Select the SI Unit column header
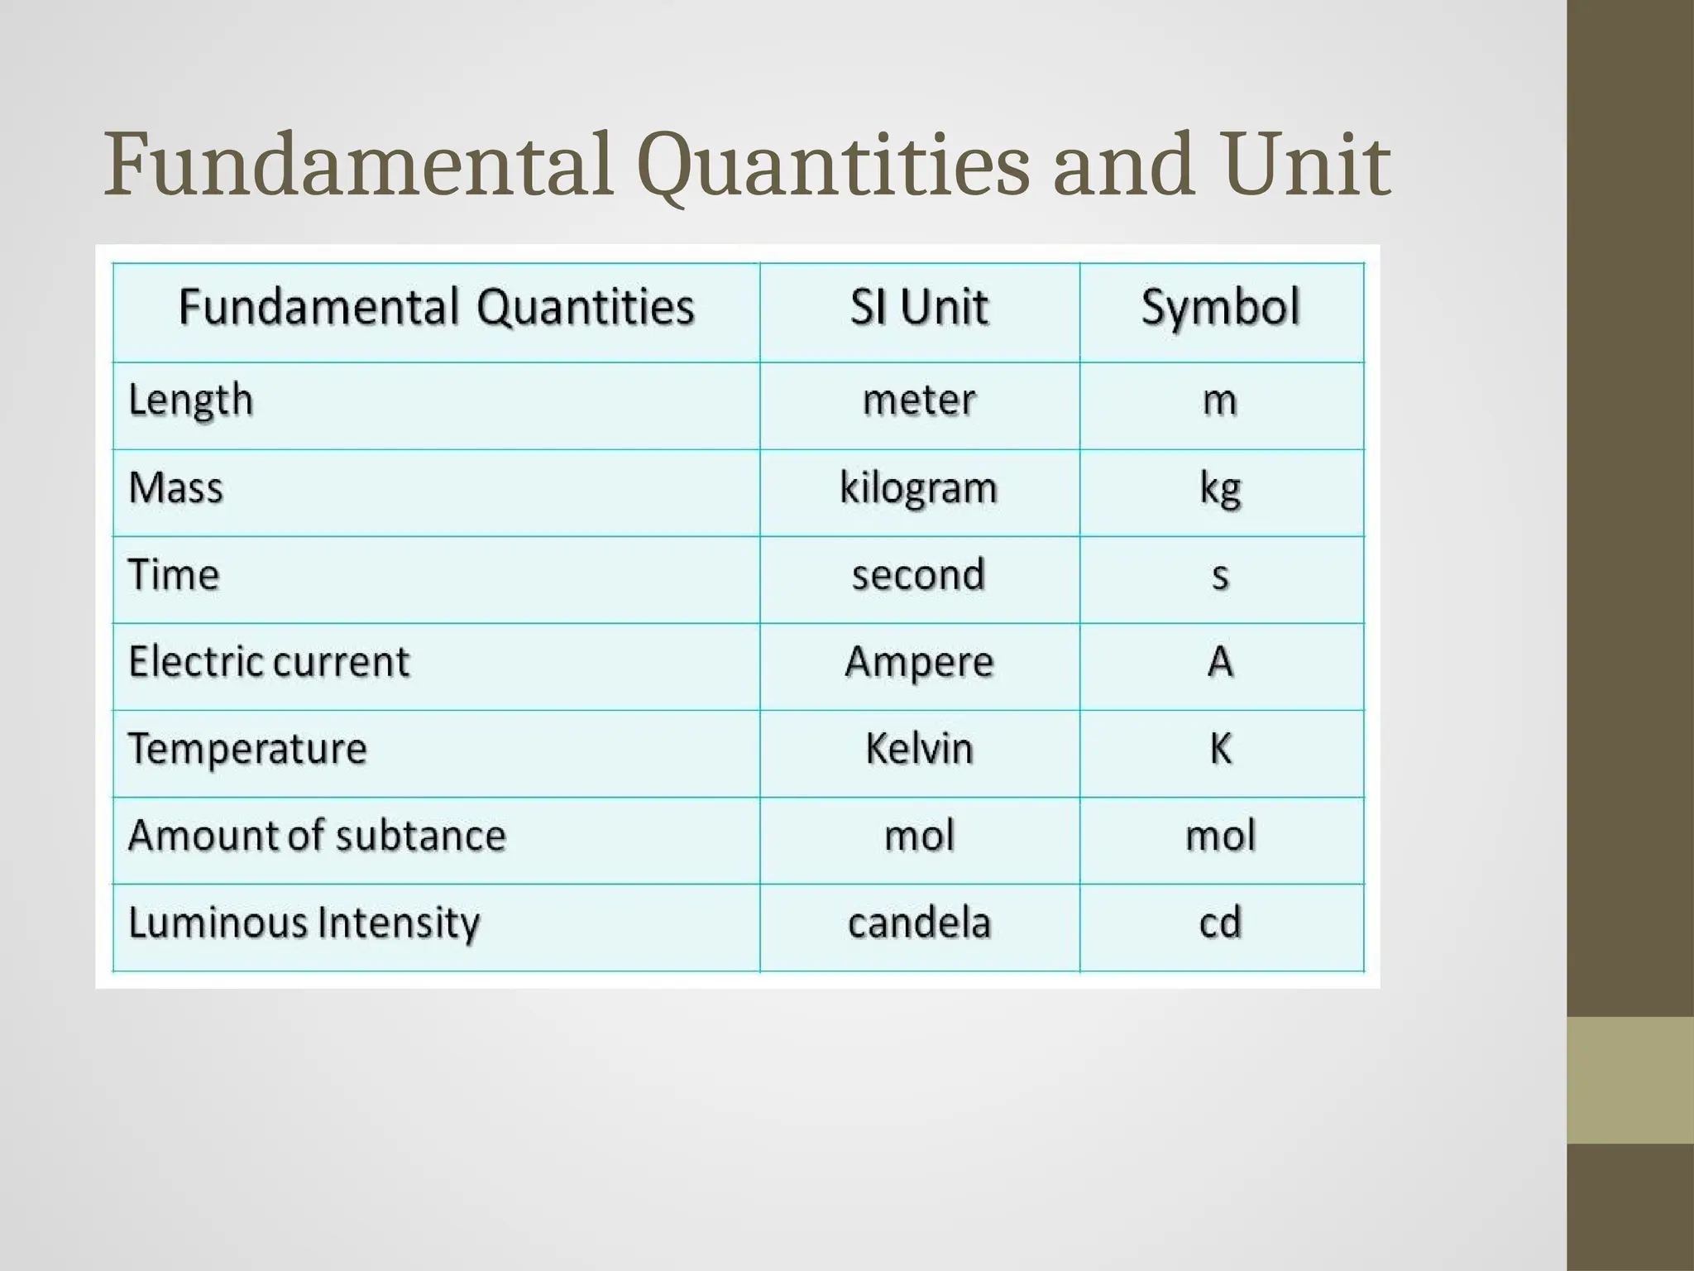pyautogui.click(x=919, y=308)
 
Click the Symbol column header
pyautogui.click(x=1221, y=308)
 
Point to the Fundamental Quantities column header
pyautogui.click(x=436, y=308)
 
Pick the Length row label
pyautogui.click(x=191, y=401)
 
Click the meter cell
pyautogui.click(x=919, y=400)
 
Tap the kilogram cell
pyautogui.click(x=919, y=488)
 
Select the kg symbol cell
pyautogui.click(x=1221, y=490)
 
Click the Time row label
pyautogui.click(x=174, y=575)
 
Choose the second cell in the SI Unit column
pyautogui.click(x=919, y=575)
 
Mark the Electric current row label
pyautogui.click(x=269, y=662)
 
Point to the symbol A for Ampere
pyautogui.click(x=1221, y=662)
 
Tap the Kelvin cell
pyautogui.click(x=919, y=749)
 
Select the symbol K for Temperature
pyautogui.click(x=1221, y=749)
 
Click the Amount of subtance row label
pyautogui.click(x=317, y=836)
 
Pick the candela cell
pyautogui.click(x=919, y=923)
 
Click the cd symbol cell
pyautogui.click(x=1221, y=923)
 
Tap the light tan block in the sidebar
pyautogui.click(x=1629, y=1080)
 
